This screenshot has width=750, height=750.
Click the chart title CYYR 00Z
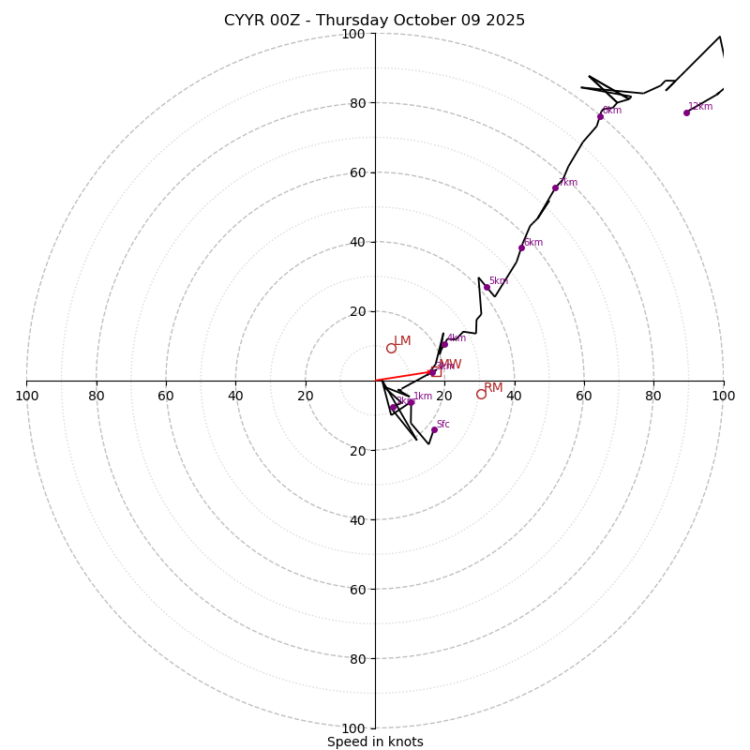pos(374,21)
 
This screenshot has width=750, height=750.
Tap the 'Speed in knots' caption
pos(375,742)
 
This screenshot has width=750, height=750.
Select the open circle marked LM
pos(391,348)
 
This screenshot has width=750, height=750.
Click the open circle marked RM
pos(481,394)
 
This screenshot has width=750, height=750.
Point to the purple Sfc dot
pos(434,429)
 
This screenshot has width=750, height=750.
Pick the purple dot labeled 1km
pos(411,402)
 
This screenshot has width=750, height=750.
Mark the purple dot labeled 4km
pos(444,344)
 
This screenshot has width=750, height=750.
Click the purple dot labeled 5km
pos(487,288)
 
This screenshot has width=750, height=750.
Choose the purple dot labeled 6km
pos(521,247)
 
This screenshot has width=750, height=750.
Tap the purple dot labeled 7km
pos(555,187)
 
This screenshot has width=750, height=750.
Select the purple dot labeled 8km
pos(600,116)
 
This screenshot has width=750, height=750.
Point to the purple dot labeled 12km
pos(686,112)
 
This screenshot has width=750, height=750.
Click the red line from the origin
pos(403,375)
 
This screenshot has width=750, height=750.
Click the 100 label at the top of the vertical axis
pos(353,34)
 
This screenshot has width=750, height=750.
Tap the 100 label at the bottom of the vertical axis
pos(353,727)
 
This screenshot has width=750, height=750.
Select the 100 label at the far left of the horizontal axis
pos(26,396)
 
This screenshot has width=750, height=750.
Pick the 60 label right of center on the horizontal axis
pos(583,396)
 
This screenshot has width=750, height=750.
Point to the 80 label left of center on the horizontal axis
pos(97,396)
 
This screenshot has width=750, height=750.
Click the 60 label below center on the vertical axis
pos(357,589)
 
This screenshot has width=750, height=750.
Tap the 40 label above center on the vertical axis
pos(357,242)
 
